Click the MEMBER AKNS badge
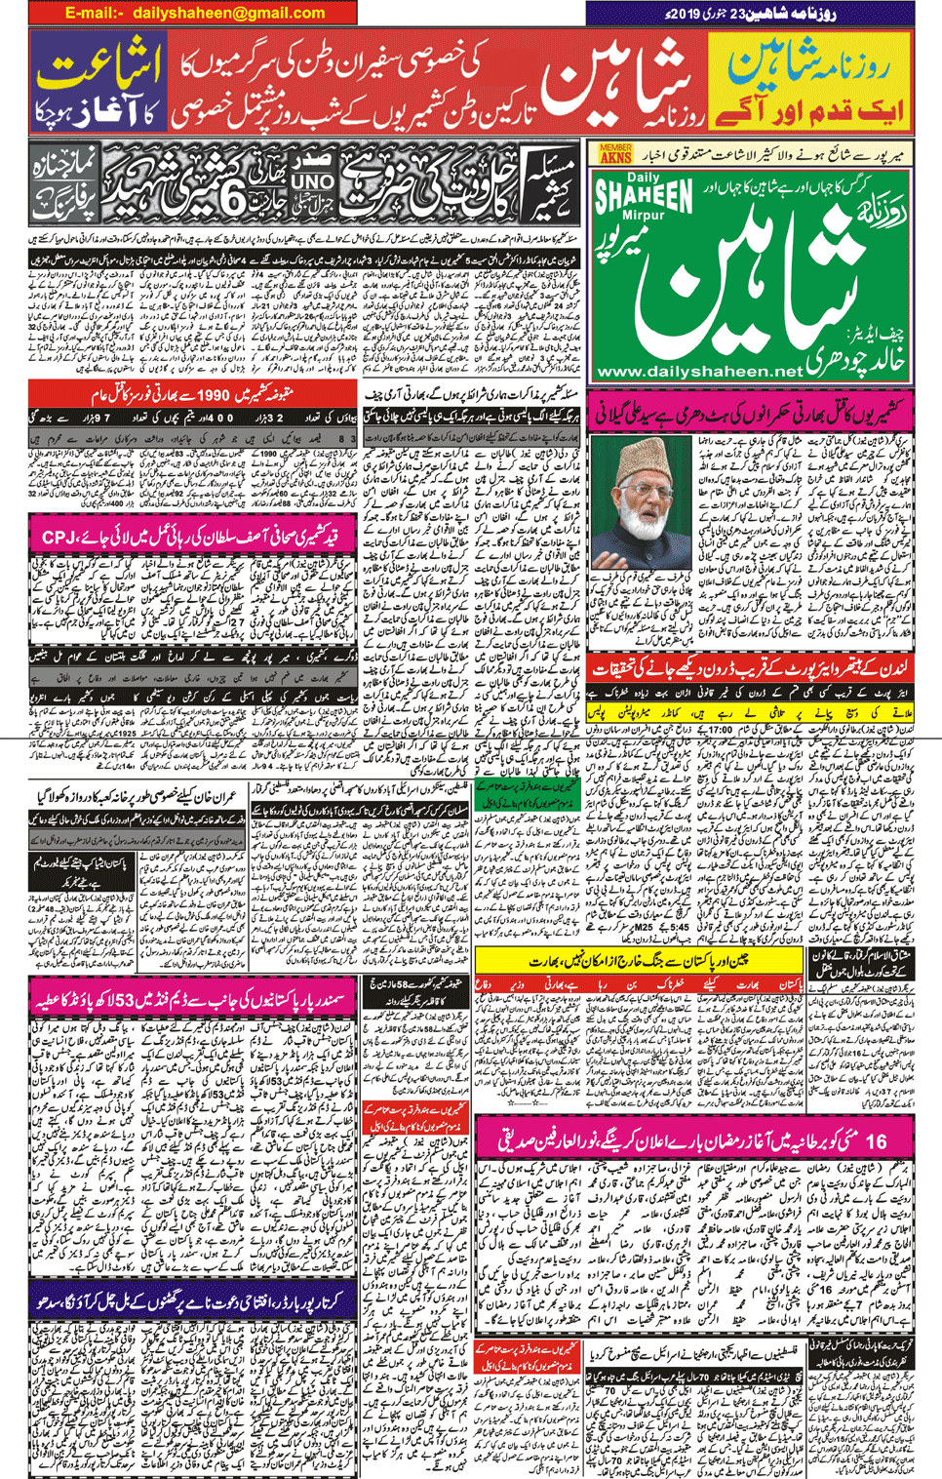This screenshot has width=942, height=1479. point(615,153)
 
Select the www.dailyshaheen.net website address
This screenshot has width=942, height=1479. point(699,372)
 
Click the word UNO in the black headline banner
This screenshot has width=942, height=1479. point(312,182)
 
